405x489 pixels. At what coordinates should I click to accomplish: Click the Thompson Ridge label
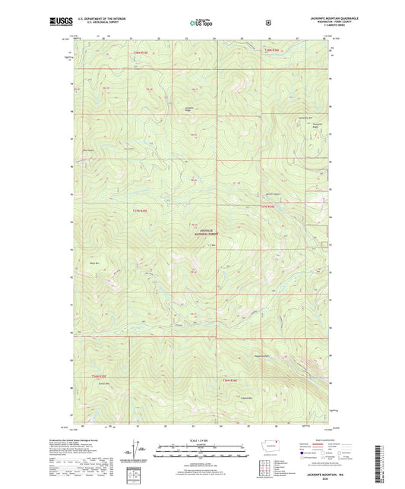click(x=318, y=127)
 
